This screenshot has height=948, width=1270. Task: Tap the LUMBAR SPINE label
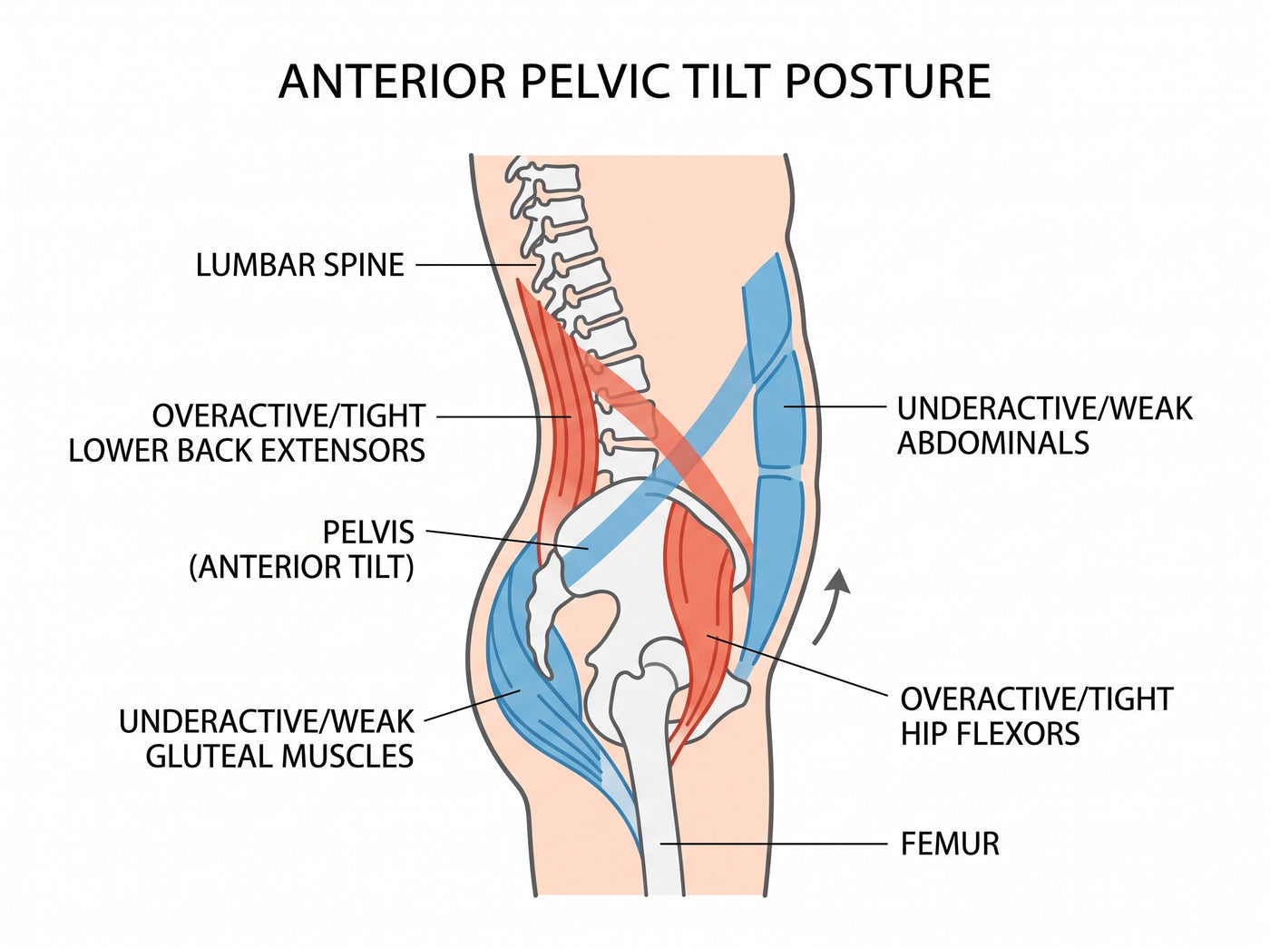point(299,265)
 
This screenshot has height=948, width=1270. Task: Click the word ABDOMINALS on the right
point(993,443)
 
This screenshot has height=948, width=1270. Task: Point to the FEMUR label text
point(950,844)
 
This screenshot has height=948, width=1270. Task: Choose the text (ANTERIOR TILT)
point(302,567)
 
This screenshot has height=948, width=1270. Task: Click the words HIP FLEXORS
point(990,733)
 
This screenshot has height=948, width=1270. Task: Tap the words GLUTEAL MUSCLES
point(280,756)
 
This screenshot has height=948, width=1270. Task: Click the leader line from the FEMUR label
point(774,844)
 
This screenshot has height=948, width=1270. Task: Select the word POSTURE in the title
point(887,82)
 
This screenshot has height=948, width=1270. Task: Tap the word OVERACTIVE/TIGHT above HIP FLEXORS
point(1037,699)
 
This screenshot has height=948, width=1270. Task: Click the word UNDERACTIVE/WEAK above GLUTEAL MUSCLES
point(267,721)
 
